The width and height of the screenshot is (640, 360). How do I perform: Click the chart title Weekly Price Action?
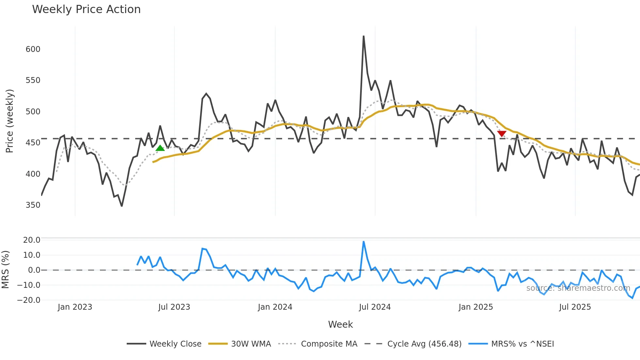coord(86,9)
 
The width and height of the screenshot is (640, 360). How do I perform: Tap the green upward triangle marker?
coord(160,148)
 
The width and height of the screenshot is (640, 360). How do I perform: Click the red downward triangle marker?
coord(502,134)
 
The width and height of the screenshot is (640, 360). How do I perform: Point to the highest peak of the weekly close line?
coord(363,36)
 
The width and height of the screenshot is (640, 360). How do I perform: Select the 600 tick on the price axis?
coord(33,49)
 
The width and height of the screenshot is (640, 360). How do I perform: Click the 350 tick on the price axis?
coord(33,205)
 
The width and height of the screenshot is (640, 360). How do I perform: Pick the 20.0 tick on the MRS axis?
coord(32,240)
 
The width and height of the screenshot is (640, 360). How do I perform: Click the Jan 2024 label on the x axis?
coord(275,307)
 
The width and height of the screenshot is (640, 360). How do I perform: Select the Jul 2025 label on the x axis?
coord(575,307)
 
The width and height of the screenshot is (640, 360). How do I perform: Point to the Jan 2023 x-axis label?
coord(75,307)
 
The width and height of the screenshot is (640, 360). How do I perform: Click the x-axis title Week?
coord(340,324)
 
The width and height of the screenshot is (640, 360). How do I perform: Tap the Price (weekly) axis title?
coord(10,121)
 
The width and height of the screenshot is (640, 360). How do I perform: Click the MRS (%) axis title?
coord(6,270)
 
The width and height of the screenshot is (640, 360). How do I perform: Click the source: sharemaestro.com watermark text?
coord(578,288)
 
